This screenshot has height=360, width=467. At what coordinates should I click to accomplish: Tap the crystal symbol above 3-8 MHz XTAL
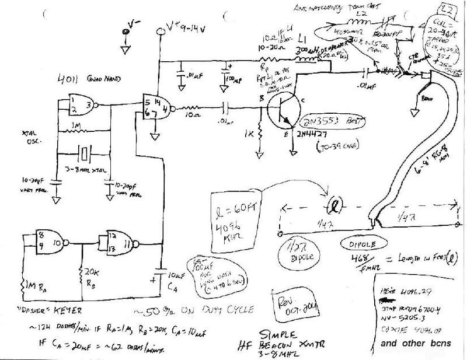pyautogui.click(x=86, y=155)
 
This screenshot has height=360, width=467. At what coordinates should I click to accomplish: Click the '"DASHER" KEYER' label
pyautogui.click(x=44, y=311)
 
